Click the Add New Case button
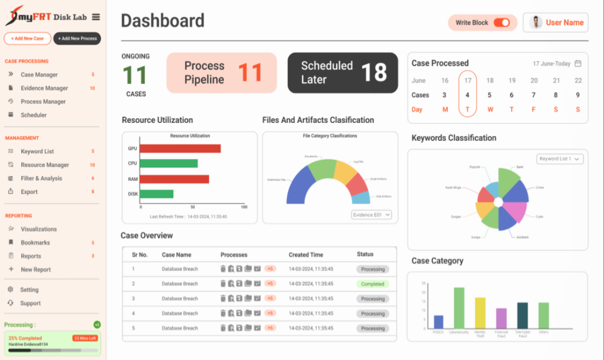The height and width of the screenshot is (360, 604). (x=28, y=38)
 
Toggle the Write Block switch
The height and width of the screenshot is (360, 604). (x=501, y=23)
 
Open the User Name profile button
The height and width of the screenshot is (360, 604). (x=556, y=23)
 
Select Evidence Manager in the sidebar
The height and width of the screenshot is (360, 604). (x=44, y=88)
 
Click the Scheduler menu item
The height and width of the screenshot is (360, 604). (x=34, y=115)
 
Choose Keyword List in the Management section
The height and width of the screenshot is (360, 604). (x=37, y=152)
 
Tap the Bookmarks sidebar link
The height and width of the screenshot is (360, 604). (x=35, y=243)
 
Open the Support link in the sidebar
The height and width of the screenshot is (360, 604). (x=30, y=303)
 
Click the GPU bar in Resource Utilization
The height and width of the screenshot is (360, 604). (x=180, y=149)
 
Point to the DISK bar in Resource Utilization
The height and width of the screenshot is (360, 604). (x=157, y=194)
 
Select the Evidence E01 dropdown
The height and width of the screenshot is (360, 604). (x=371, y=215)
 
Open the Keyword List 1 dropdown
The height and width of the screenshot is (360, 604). (x=560, y=159)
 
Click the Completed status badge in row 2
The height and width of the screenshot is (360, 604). (x=372, y=284)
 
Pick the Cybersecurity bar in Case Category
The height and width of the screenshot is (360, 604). (x=459, y=307)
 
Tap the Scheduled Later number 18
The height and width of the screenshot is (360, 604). (x=374, y=73)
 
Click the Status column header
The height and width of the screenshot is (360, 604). (x=365, y=254)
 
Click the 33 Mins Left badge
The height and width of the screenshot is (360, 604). (x=84, y=338)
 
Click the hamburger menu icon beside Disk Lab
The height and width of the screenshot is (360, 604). (x=95, y=17)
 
